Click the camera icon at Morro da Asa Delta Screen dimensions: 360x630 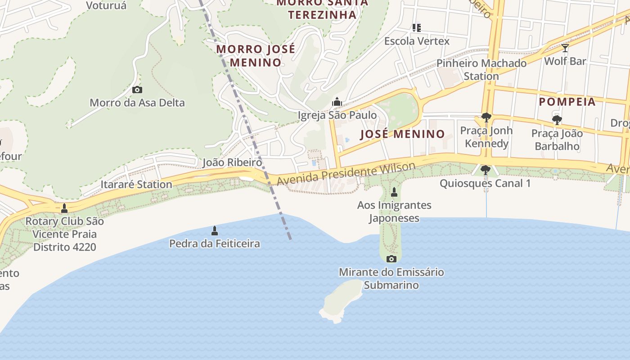tap(137, 90)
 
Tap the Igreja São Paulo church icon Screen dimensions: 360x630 tap(337, 102)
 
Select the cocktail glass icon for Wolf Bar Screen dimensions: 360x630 tap(565, 48)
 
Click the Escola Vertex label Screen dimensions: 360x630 tap(417, 41)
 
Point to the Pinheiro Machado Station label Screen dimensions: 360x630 tap(481, 69)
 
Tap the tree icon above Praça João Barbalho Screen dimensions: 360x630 tap(557, 120)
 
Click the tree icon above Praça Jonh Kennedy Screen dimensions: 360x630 tap(486, 117)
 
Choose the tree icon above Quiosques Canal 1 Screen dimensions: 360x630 tap(485, 170)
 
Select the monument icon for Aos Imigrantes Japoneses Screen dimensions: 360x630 tap(394, 192)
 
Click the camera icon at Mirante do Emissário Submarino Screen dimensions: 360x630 tap(391, 259)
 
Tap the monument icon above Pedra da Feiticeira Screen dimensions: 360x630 tap(215, 231)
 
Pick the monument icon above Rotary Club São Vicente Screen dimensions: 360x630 tap(64, 208)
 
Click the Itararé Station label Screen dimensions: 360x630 tap(136, 184)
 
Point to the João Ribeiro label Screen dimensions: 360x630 tap(232, 162)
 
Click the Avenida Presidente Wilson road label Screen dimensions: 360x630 tap(346, 174)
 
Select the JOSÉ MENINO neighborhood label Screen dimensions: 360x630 tap(402, 134)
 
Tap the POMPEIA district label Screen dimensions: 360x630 tap(567, 102)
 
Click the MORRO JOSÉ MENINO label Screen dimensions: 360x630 tap(256, 55)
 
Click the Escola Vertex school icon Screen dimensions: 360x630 tap(417, 28)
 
